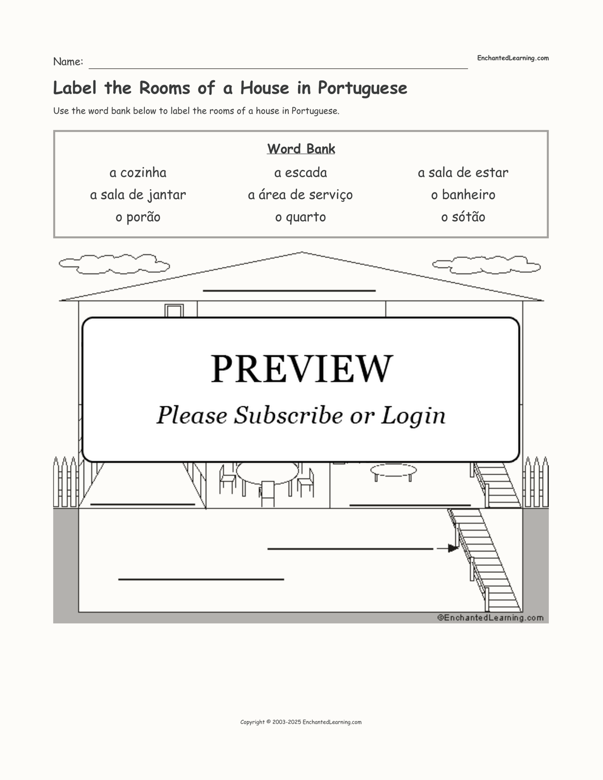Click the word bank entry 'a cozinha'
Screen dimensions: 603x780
click(x=138, y=173)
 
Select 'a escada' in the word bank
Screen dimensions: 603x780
click(x=301, y=173)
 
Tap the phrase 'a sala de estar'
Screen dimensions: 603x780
click(x=463, y=173)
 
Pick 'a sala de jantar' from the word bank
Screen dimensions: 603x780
click(x=138, y=195)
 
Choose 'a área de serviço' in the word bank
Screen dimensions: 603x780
click(x=300, y=195)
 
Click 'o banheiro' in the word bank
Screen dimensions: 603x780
click(x=463, y=195)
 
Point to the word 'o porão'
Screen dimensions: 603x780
click(x=138, y=217)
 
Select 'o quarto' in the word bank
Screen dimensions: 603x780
click(x=300, y=217)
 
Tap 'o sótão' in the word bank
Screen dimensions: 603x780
click(x=463, y=217)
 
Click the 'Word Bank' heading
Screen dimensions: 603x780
click(x=301, y=149)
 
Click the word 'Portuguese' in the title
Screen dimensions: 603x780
click(x=363, y=88)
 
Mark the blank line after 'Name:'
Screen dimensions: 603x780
click(x=278, y=68)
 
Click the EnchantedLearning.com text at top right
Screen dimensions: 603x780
click(x=513, y=58)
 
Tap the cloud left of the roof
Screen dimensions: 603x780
click(x=114, y=264)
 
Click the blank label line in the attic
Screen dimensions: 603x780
click(x=289, y=291)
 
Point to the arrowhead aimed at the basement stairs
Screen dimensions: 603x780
click(x=453, y=549)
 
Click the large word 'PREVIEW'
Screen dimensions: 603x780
click(x=301, y=369)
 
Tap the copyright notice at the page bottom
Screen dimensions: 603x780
click(x=301, y=722)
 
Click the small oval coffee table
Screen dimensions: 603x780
click(x=394, y=470)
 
